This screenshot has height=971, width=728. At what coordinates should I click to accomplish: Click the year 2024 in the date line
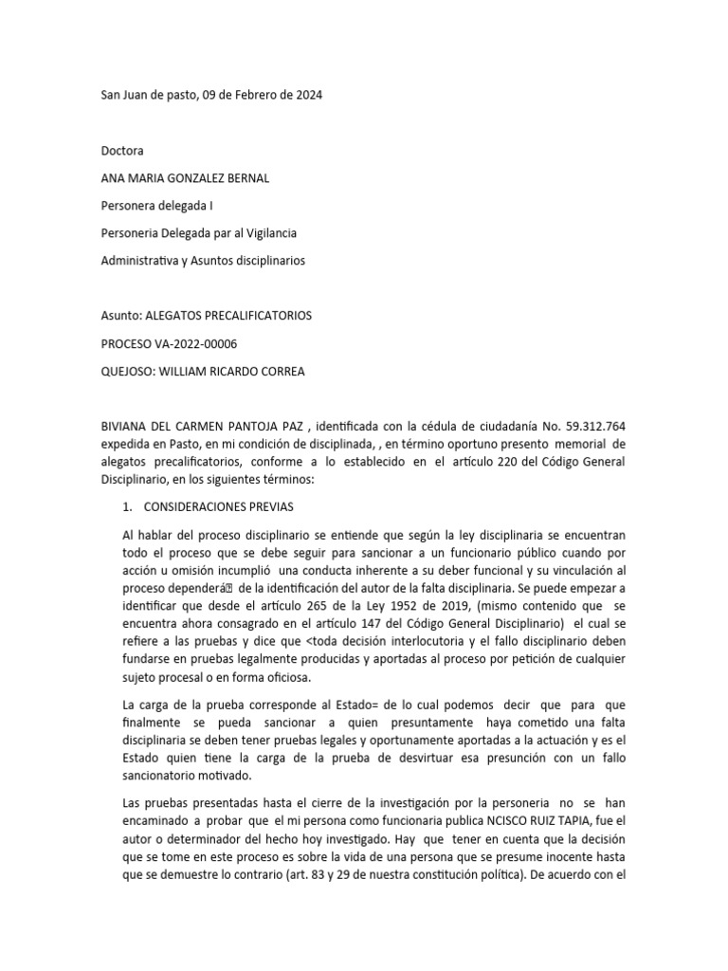point(307,96)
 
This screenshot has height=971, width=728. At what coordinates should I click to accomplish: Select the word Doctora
point(123,151)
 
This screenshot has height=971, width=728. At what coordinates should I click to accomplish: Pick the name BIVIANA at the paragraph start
point(128,426)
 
